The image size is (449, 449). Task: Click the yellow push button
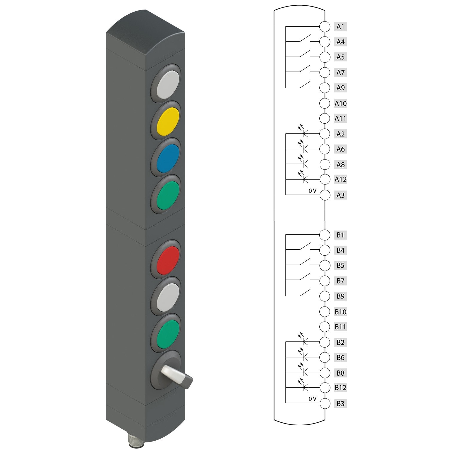point(166,121)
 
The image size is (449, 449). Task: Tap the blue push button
point(166,158)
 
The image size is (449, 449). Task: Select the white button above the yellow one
point(166,84)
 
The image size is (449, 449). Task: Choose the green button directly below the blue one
point(166,195)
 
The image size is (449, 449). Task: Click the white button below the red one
point(166,297)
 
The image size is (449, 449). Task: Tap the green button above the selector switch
point(166,333)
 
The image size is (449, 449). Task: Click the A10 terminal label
point(340,104)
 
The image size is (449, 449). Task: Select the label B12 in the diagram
point(340,388)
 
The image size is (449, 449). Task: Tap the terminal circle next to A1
point(324,26)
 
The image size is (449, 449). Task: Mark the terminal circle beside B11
point(324,327)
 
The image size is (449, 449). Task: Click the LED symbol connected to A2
point(305,134)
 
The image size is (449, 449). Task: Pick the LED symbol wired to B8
point(305,372)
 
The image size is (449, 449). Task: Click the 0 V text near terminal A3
point(312,191)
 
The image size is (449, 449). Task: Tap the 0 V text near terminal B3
point(312,399)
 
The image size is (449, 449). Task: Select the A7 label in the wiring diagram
point(340,72)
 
